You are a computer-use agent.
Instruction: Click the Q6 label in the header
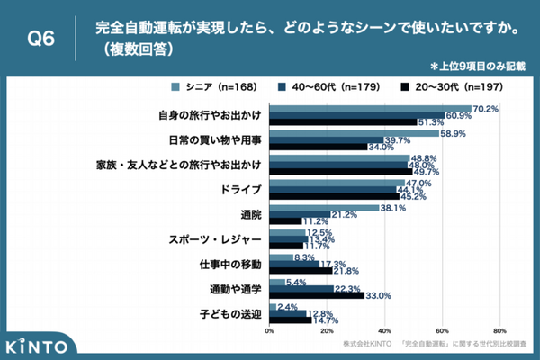pos(42,39)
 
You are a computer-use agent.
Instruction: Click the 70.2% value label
pos(485,108)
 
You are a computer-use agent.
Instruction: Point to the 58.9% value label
pos(453,133)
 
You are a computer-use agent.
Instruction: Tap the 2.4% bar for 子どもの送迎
pos(273,306)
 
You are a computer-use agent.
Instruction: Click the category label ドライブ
pos(240,191)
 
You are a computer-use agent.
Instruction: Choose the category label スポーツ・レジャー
pos(215,240)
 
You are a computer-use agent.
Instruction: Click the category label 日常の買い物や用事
pos(216,140)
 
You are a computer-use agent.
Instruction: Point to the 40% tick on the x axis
pos(385,329)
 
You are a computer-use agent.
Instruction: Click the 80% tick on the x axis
pos(499,329)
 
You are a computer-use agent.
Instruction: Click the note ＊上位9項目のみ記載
pos(478,67)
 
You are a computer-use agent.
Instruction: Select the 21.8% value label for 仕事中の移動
pos(346,271)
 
